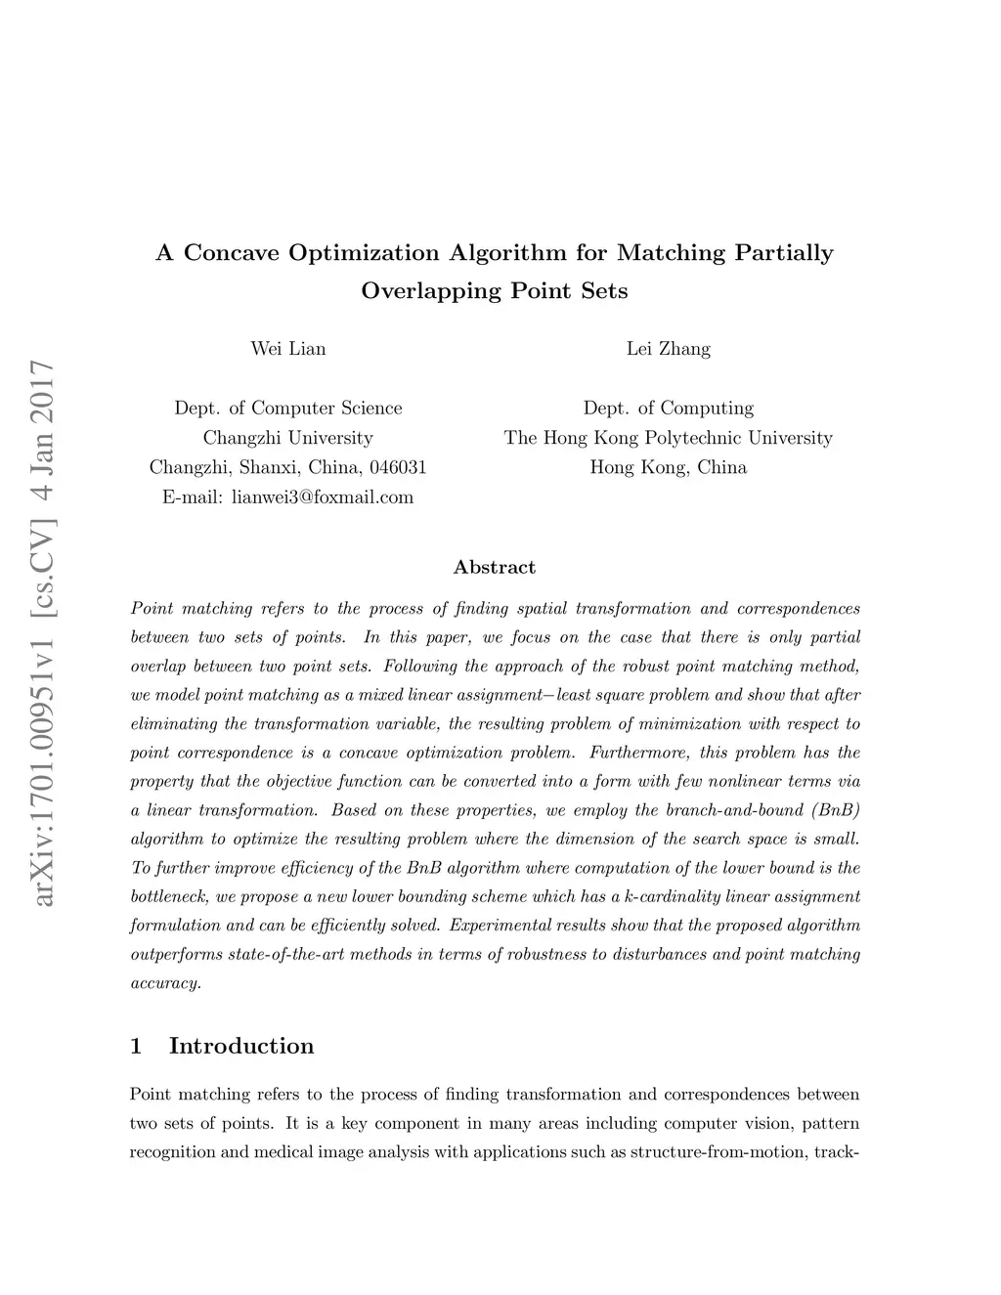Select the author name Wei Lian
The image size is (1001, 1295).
click(x=288, y=349)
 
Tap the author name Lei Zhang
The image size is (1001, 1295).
click(x=669, y=349)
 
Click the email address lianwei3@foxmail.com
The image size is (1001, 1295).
click(x=323, y=497)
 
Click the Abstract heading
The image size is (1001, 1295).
click(x=495, y=567)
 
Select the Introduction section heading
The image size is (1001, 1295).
click(x=241, y=1046)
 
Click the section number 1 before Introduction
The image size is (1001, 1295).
click(x=136, y=1046)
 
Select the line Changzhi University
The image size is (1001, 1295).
click(x=288, y=438)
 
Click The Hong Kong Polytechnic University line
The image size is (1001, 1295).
click(x=669, y=438)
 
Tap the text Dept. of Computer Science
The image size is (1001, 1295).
click(x=288, y=408)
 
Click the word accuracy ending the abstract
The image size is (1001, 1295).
click(x=165, y=983)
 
